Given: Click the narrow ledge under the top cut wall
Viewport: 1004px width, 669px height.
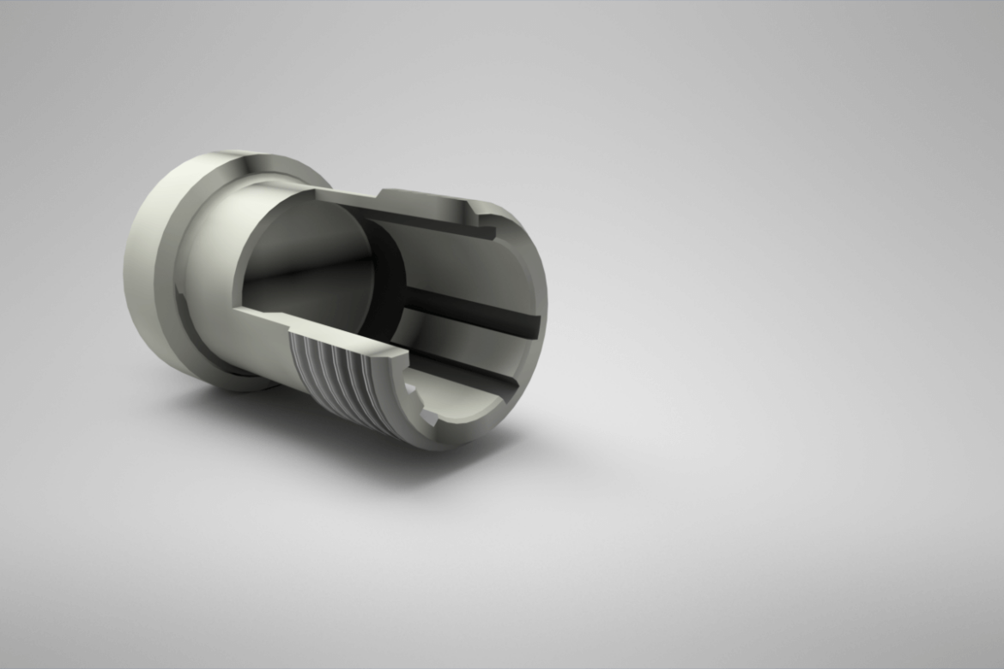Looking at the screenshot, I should point(429,223).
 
